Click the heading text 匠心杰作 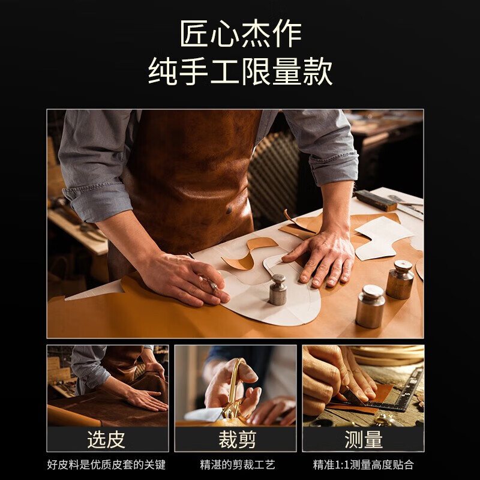pyautogui.click(x=240, y=34)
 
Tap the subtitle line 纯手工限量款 pyautogui.click(x=240, y=72)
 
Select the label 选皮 pyautogui.click(x=106, y=440)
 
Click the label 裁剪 pyautogui.click(x=236, y=440)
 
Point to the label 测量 pyautogui.click(x=364, y=440)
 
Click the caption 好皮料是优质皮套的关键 pyautogui.click(x=106, y=464)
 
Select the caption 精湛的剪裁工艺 pyautogui.click(x=238, y=464)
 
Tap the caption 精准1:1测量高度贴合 pyautogui.click(x=364, y=464)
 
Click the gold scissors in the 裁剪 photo pyautogui.click(x=234, y=390)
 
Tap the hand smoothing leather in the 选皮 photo pyautogui.click(x=144, y=399)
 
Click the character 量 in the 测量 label pyautogui.click(x=374, y=440)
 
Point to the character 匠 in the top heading pyautogui.click(x=194, y=34)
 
